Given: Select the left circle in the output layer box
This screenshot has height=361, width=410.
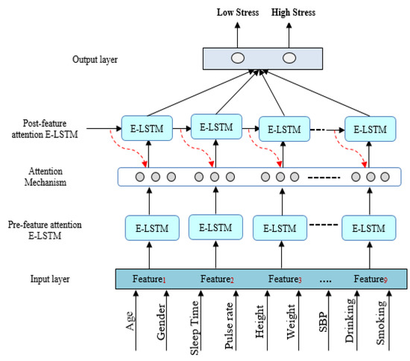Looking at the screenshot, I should coord(239,58).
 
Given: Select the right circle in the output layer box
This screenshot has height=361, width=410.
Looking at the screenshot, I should coord(288,58).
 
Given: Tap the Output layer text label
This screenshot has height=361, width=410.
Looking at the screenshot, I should coord(95,58).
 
